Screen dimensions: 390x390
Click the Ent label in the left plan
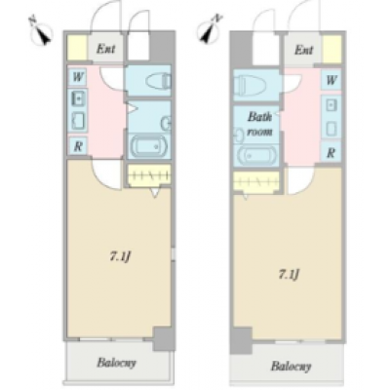click(105, 49)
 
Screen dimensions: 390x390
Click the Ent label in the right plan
click(304, 51)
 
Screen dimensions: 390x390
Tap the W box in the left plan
click(78, 77)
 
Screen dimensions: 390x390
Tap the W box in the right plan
click(331, 80)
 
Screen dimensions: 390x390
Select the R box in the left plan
click(78, 145)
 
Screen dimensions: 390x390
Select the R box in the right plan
click(331, 152)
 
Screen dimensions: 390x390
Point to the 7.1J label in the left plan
click(120, 257)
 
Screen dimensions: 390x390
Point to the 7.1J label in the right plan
click(289, 275)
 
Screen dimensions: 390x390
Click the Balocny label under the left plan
click(116, 363)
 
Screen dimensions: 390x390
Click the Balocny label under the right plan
click(291, 367)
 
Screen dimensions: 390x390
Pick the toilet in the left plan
click(158, 81)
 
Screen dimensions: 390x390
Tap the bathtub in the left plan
click(149, 146)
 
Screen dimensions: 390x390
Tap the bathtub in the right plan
click(257, 156)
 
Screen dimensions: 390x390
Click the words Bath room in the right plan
click(259, 124)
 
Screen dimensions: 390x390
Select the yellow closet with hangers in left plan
click(149, 175)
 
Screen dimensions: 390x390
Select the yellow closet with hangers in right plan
click(256, 182)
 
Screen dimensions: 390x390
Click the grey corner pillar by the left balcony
click(164, 338)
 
